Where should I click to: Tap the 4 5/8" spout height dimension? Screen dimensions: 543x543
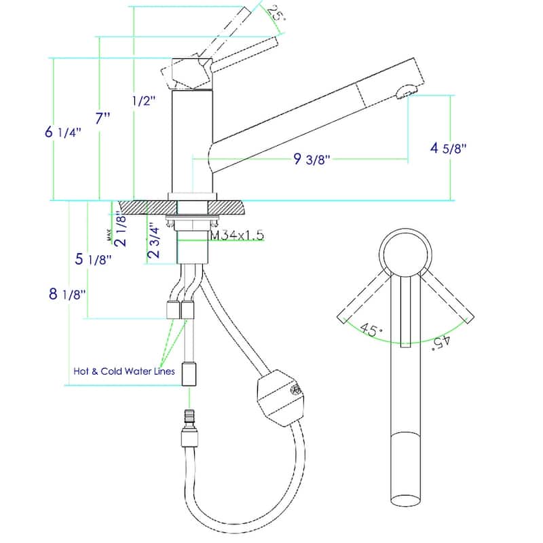[x=449, y=147]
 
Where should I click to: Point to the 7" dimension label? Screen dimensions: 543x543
[x=103, y=118]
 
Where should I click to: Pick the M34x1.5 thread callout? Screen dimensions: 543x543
[x=236, y=236]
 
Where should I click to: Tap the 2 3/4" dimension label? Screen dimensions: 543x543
[x=155, y=242]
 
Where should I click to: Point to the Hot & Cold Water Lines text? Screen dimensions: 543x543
[x=124, y=371]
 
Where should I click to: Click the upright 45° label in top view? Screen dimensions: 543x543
[x=371, y=330]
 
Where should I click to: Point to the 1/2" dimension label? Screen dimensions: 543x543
[x=143, y=101]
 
